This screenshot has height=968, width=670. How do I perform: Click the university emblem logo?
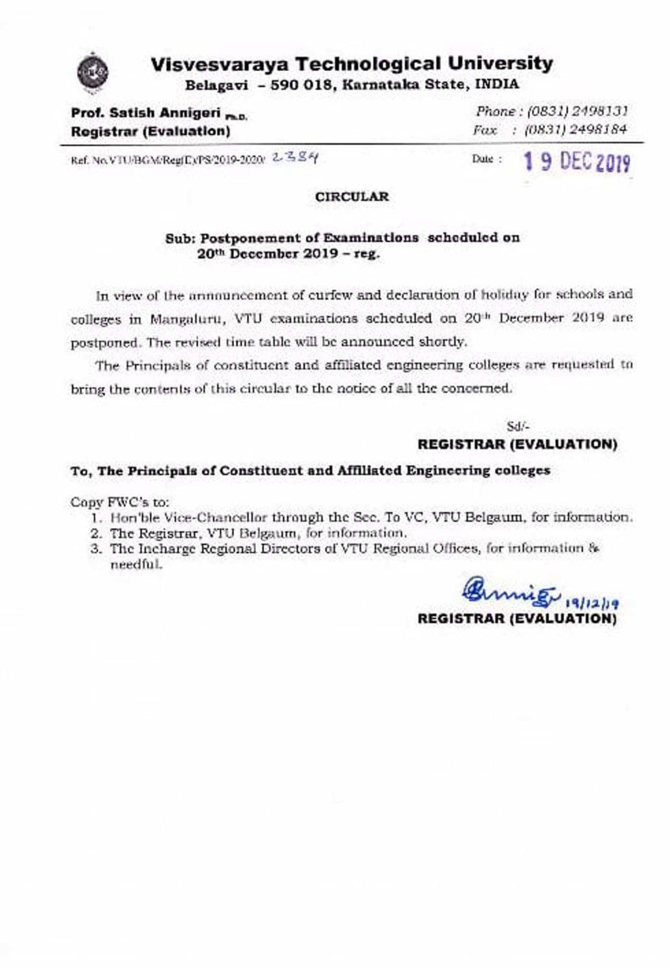tap(93, 72)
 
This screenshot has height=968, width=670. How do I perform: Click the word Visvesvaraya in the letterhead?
tap(219, 64)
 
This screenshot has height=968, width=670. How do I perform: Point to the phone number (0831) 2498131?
tap(577, 111)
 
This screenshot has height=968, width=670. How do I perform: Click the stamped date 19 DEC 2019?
tap(576, 162)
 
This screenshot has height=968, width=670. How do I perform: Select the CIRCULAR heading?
tap(352, 197)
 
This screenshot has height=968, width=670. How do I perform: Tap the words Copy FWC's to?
tap(120, 502)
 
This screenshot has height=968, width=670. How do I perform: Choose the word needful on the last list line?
tap(135, 565)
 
